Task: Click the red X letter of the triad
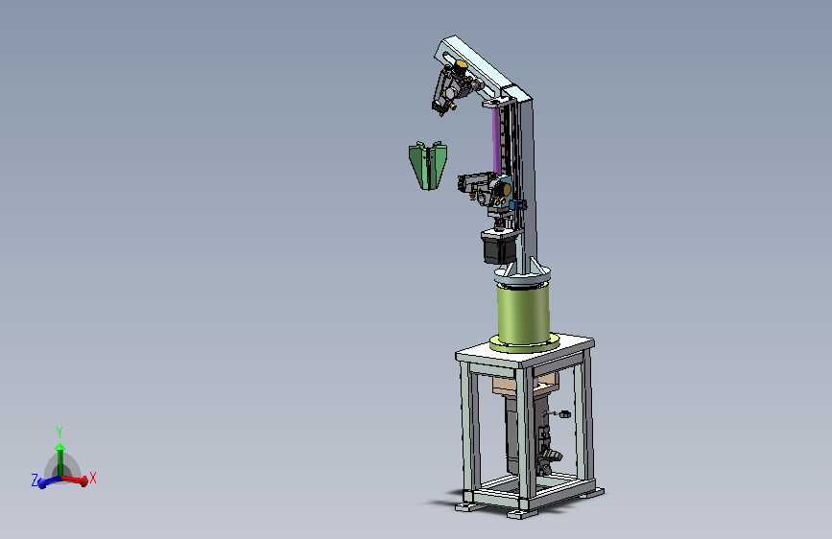[x=93, y=478]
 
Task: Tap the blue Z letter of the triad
[x=35, y=480]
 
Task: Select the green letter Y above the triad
[x=59, y=432]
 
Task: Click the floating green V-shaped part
[x=428, y=165]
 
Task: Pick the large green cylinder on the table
[x=523, y=315]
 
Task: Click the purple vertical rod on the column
[x=496, y=140]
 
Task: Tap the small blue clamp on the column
[x=518, y=204]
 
